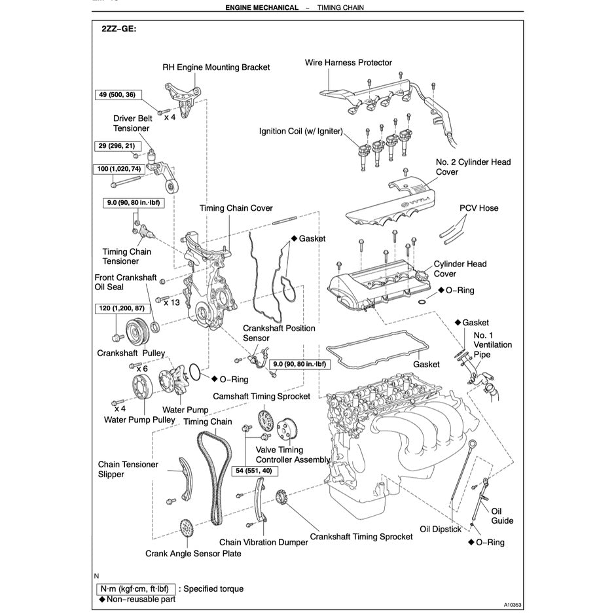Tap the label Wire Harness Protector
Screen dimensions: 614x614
(x=348, y=63)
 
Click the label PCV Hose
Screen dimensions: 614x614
(x=479, y=208)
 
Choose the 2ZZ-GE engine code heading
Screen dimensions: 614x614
(x=119, y=29)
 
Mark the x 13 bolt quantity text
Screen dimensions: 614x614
(x=172, y=302)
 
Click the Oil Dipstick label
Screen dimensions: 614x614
(x=441, y=529)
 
